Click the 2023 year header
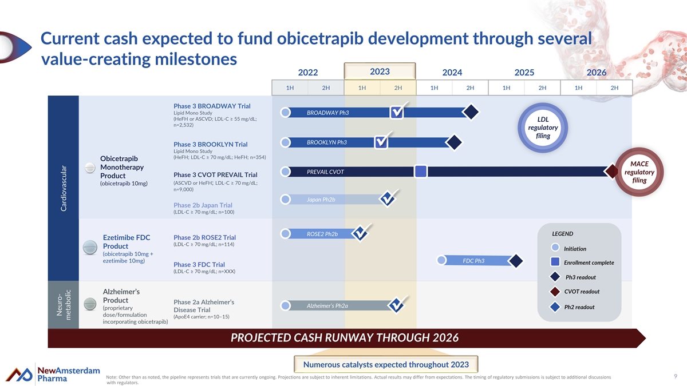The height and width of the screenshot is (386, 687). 380,71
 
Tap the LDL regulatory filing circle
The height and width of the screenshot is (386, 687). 542,128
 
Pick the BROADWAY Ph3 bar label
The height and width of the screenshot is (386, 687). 328,113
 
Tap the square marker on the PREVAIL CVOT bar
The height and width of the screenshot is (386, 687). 420,172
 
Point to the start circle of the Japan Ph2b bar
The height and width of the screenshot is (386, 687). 285,199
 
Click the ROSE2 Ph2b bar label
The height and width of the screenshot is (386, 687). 322,234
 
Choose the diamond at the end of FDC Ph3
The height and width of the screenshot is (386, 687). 516,261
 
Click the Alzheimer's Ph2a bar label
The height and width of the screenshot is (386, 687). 327,305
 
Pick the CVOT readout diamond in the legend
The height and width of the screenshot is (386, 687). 555,292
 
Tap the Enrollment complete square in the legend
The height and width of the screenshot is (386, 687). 555,262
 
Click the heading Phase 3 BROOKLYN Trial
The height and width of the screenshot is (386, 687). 210,144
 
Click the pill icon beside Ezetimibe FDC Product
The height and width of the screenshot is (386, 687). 90,246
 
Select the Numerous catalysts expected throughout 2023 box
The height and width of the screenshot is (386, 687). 386,364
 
